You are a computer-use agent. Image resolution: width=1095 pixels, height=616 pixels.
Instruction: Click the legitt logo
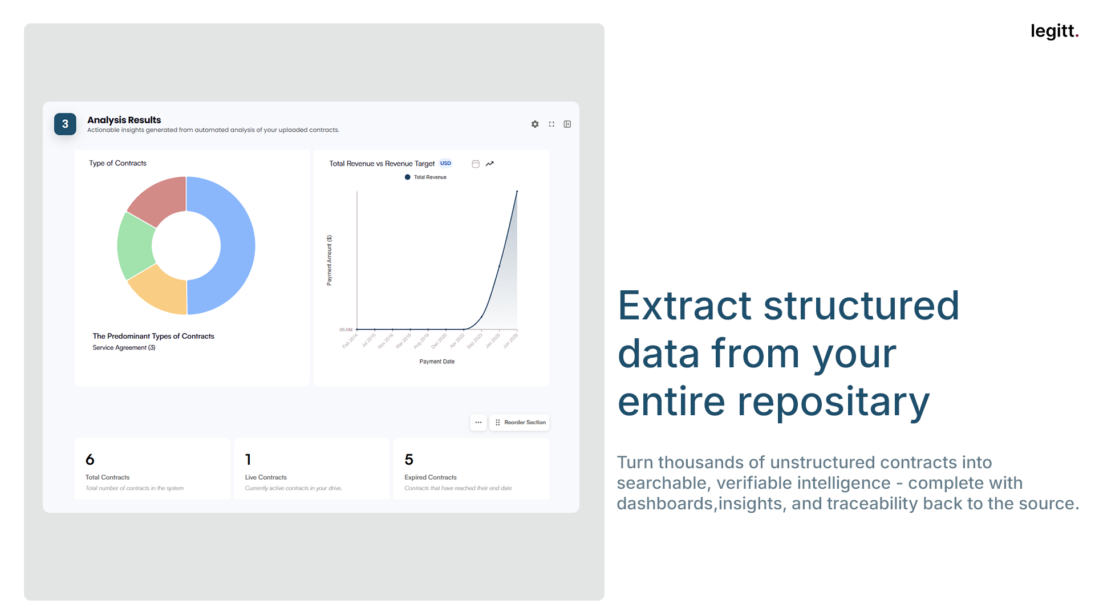tap(1054, 31)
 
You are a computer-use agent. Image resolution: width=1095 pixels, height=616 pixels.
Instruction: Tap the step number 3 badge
tap(65, 124)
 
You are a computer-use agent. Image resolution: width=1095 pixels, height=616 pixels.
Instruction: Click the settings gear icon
tap(535, 124)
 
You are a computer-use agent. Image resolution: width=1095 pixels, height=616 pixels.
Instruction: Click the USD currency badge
tap(445, 164)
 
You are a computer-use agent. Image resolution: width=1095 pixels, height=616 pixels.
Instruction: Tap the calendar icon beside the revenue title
tap(476, 164)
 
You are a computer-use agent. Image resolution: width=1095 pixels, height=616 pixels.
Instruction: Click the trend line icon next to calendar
tap(490, 164)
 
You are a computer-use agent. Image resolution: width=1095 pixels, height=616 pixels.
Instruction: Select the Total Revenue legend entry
tap(426, 177)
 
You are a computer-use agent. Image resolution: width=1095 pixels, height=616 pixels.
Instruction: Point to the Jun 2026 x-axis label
tap(510, 341)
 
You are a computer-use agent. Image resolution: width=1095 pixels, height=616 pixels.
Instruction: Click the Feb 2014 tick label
tap(350, 341)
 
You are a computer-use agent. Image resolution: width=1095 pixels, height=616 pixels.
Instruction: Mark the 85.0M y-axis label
tap(346, 330)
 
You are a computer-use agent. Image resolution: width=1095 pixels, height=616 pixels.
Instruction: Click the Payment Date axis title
tap(437, 362)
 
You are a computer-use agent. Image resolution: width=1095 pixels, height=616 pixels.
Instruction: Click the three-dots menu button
tap(478, 423)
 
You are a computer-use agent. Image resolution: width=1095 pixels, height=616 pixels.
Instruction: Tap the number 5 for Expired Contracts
tap(409, 460)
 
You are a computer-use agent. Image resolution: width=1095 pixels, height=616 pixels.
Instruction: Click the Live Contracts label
tap(266, 477)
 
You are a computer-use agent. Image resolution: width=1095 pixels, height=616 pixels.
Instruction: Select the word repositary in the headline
tap(833, 402)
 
